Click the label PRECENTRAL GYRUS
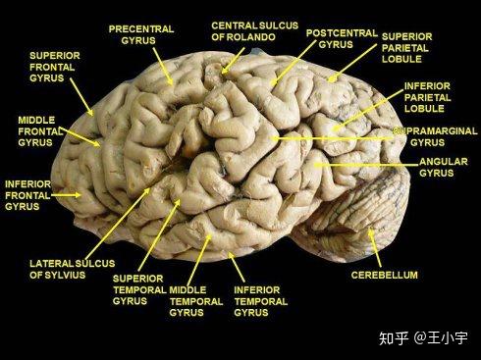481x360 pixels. (140, 35)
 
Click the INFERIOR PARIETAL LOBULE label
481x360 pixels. (428, 98)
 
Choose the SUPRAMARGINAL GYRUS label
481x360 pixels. (434, 136)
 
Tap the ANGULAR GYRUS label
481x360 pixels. (443, 167)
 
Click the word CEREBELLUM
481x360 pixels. (385, 276)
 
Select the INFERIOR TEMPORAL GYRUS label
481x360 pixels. (260, 301)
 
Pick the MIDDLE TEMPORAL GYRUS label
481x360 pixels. (196, 301)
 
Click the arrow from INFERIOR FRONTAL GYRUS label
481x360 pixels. (67, 194)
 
